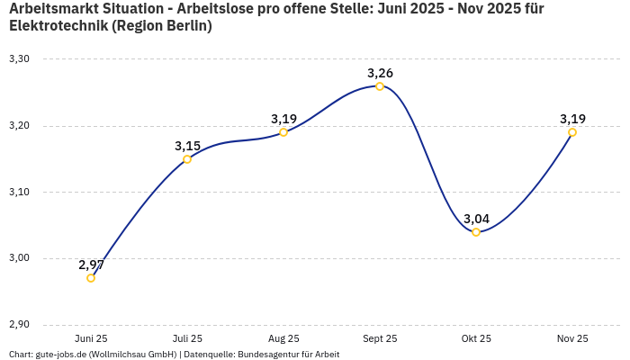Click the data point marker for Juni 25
(x=91, y=278)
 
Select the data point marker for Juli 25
(x=187, y=159)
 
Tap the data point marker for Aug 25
(x=283, y=132)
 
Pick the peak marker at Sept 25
(x=380, y=86)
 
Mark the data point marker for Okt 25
(x=476, y=232)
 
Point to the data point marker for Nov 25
(x=572, y=132)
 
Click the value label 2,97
(x=91, y=265)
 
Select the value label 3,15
(x=187, y=146)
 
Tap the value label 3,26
(x=380, y=73)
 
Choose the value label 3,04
(x=476, y=219)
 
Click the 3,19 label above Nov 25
(x=572, y=119)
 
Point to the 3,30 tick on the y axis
(x=19, y=59)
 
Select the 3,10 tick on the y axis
(x=19, y=193)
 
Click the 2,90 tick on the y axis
(x=19, y=325)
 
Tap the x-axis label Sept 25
(x=380, y=338)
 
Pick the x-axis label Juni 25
(x=91, y=338)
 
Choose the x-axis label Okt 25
(x=476, y=338)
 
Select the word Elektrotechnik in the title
(x=56, y=26)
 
